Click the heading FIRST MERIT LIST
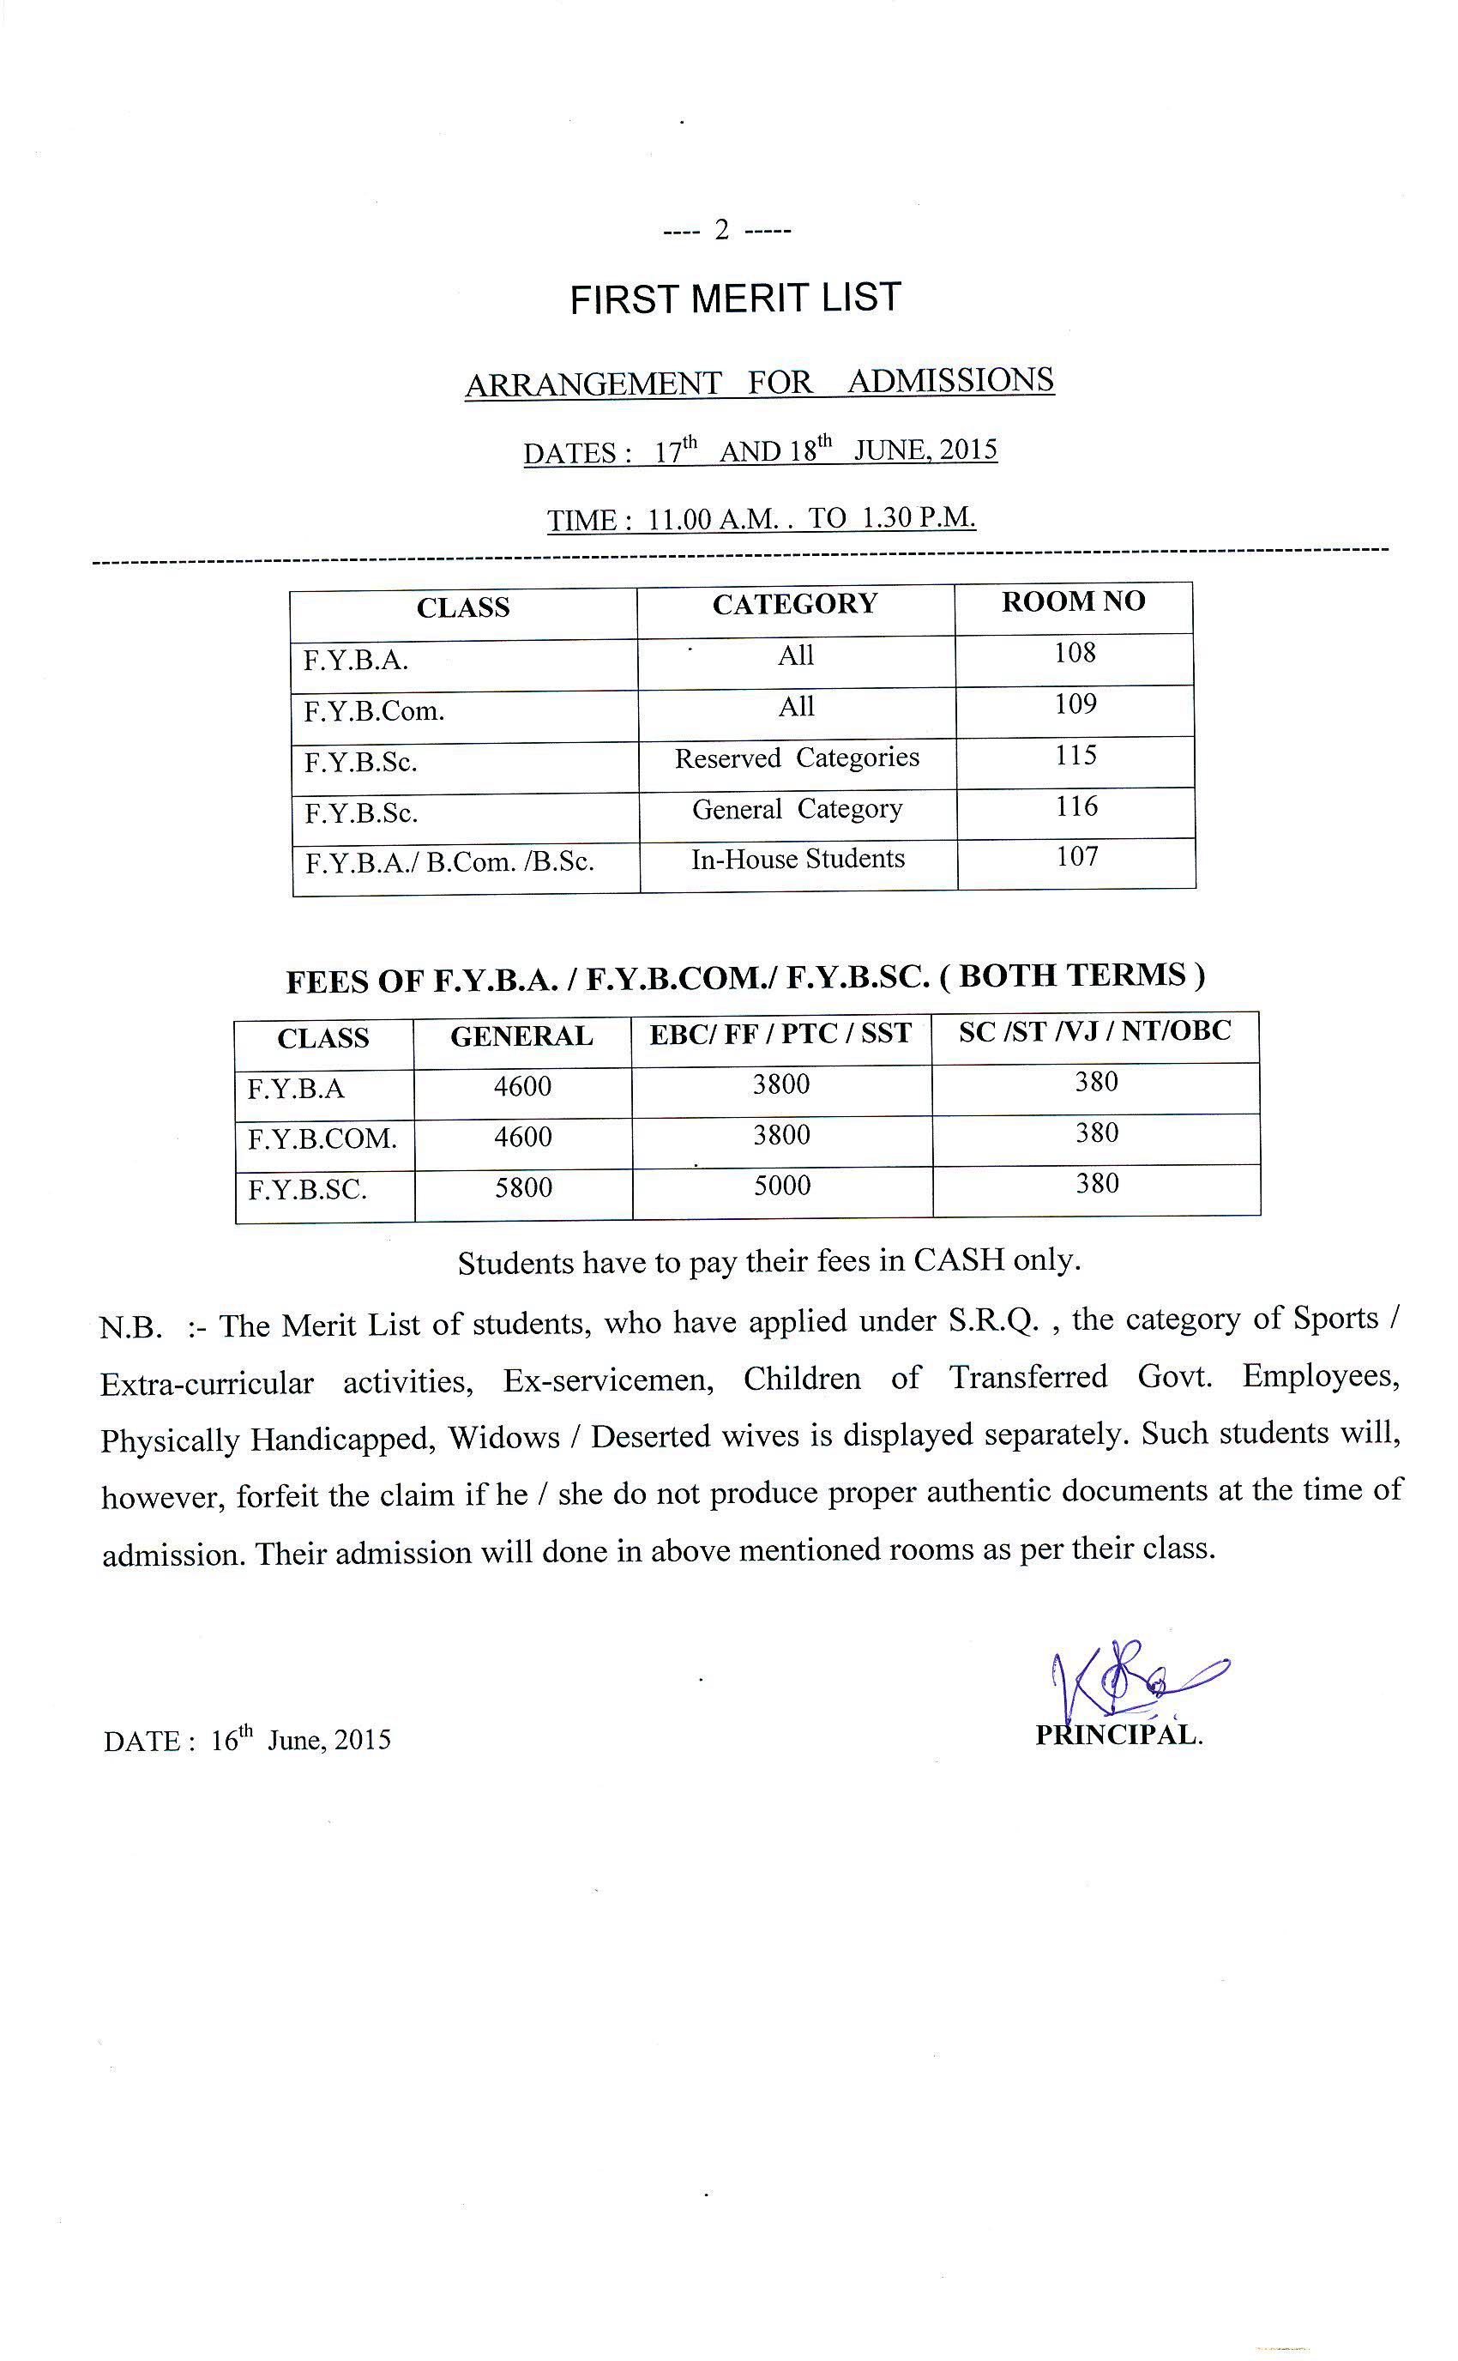[x=735, y=298]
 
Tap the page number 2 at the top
[x=721, y=231]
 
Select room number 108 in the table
[x=1075, y=653]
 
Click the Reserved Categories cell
[x=797, y=758]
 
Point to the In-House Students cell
[x=798, y=859]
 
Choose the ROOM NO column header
[x=1073, y=601]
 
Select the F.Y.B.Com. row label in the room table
[x=374, y=712]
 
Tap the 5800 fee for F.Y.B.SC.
[x=524, y=1187]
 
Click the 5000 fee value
[x=782, y=1186]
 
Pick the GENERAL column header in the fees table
[x=521, y=1036]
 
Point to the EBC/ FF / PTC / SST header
[x=780, y=1034]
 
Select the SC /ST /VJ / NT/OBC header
[x=1094, y=1031]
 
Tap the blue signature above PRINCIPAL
[x=1133, y=1680]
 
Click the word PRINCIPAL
[x=1118, y=1735]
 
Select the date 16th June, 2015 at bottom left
[x=300, y=1740]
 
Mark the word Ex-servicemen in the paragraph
[x=608, y=1381]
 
